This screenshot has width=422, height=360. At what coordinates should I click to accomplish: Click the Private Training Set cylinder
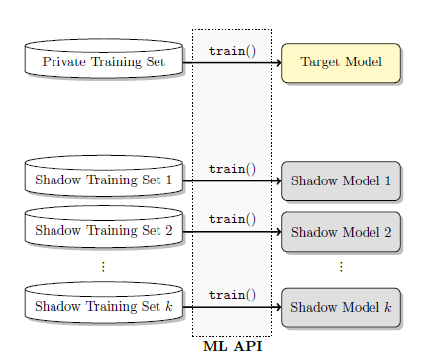coord(103,61)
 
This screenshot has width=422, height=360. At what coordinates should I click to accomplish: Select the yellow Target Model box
coord(341,61)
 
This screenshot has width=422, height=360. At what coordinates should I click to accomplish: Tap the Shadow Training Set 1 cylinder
coord(103,179)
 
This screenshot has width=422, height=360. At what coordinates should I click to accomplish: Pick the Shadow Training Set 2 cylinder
coord(103,230)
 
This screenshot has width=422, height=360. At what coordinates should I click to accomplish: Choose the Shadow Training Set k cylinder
coord(103,305)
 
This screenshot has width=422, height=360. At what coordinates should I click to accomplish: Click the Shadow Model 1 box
coord(341,180)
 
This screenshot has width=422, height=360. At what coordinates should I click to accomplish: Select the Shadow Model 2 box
coord(341,232)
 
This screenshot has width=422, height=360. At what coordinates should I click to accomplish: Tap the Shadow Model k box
coord(341,307)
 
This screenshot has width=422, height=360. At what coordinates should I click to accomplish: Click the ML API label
coord(232,347)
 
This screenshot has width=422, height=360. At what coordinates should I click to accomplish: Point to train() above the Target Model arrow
coord(232,50)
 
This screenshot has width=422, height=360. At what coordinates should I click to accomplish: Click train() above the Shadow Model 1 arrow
coord(232,169)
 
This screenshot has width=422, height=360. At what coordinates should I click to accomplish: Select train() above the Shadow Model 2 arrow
coord(232,219)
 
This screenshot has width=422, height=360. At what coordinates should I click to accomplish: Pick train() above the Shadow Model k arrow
coord(232,295)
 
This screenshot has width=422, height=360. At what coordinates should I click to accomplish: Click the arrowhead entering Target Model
coord(277,62)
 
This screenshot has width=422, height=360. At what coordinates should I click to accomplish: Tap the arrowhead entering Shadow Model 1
coord(277,181)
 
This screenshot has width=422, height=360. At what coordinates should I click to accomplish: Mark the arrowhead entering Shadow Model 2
coord(277,232)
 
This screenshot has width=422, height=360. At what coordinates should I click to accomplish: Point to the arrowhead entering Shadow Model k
coord(277,307)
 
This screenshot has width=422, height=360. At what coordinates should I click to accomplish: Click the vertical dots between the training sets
coord(103,266)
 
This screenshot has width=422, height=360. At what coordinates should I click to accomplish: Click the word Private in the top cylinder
coord(64,62)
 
